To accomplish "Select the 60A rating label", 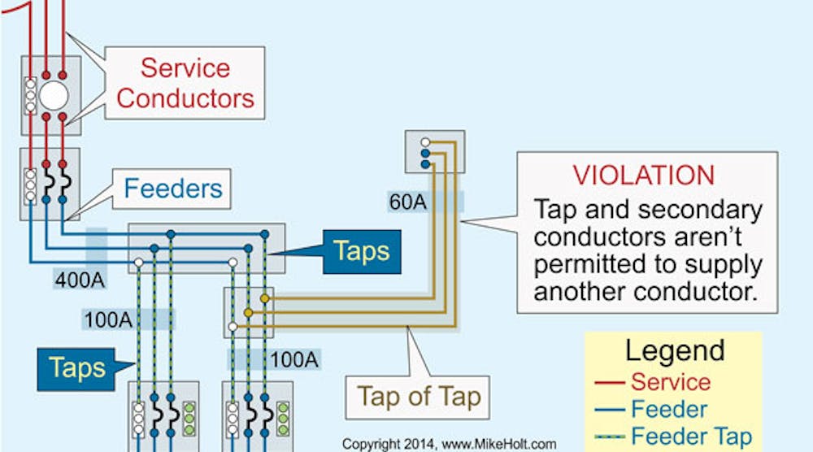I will point(407,202).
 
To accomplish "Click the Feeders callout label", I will point(172,189).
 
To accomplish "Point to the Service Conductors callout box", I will point(185,83).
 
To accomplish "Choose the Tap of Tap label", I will point(420,398).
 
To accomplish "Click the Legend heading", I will point(674,350).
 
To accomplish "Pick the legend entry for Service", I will point(670,381).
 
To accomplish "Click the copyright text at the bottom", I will point(449,444).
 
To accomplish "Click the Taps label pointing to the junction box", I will point(363,250).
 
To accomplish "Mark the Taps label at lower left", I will point(77,367).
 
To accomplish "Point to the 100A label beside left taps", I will point(107,319).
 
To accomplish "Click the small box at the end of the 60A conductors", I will point(434,151).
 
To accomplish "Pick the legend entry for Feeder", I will point(669,408).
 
